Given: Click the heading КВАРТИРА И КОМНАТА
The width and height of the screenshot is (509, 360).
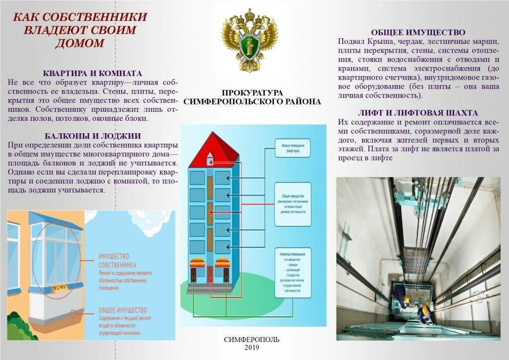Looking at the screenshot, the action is click(x=92, y=73).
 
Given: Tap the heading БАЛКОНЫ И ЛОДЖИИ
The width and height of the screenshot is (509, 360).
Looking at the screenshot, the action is click(x=92, y=136).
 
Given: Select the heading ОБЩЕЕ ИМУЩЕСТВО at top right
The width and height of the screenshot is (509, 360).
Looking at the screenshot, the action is click(x=418, y=32).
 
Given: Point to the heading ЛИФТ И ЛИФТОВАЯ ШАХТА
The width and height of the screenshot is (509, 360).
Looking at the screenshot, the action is click(x=418, y=113).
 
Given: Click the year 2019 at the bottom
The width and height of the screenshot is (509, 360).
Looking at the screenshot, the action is click(x=252, y=348).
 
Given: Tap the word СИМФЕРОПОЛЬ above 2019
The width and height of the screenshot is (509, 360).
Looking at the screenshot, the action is click(x=252, y=340).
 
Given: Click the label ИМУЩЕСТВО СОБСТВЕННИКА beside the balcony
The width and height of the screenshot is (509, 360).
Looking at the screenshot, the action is click(x=117, y=261).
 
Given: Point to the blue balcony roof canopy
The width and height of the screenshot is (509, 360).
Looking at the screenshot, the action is click(x=55, y=219).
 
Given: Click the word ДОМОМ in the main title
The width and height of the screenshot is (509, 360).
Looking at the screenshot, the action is click(x=80, y=43).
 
